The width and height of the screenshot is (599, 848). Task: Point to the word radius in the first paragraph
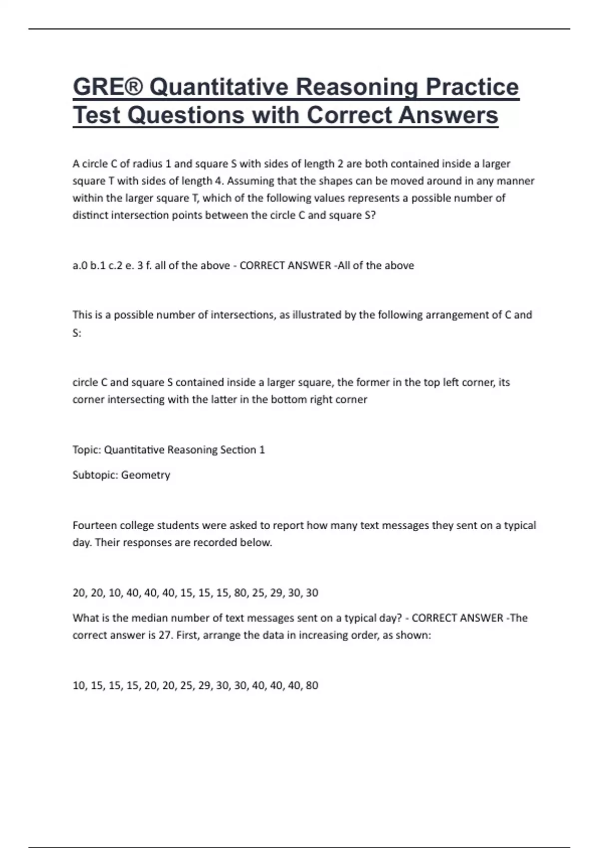148,164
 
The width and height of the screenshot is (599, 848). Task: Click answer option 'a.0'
80,265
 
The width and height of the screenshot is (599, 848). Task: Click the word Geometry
145,475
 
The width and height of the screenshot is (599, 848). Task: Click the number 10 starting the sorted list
79,685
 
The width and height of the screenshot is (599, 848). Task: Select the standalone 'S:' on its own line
77,333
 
